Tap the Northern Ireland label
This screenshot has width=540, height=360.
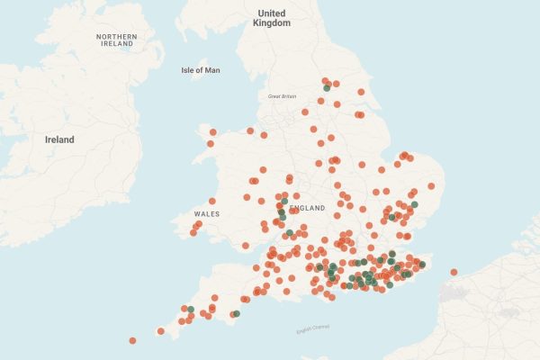[x=117, y=40]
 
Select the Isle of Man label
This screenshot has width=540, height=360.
[x=200, y=70]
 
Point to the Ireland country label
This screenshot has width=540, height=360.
[x=59, y=139]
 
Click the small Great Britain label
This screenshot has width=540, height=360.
[x=282, y=96]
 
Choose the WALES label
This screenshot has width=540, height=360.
[x=207, y=214]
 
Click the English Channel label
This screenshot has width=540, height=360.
[x=313, y=328]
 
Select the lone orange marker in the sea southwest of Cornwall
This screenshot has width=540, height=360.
[x=132, y=340]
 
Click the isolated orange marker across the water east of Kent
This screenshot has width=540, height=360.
[x=454, y=272]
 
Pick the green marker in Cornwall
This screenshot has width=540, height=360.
[x=191, y=310]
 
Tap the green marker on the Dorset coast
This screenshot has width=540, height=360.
[x=236, y=314]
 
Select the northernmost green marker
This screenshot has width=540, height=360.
[x=326, y=88]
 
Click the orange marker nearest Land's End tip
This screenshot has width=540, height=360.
[x=161, y=331]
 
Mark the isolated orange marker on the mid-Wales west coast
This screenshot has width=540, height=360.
[x=212, y=201]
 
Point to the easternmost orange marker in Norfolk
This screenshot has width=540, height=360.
[x=431, y=186]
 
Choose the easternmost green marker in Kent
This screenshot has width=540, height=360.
[x=422, y=265]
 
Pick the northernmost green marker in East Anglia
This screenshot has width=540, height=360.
[x=415, y=204]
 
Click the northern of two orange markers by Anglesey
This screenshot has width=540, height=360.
[x=213, y=133]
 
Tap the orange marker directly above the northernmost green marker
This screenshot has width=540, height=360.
[x=325, y=80]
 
